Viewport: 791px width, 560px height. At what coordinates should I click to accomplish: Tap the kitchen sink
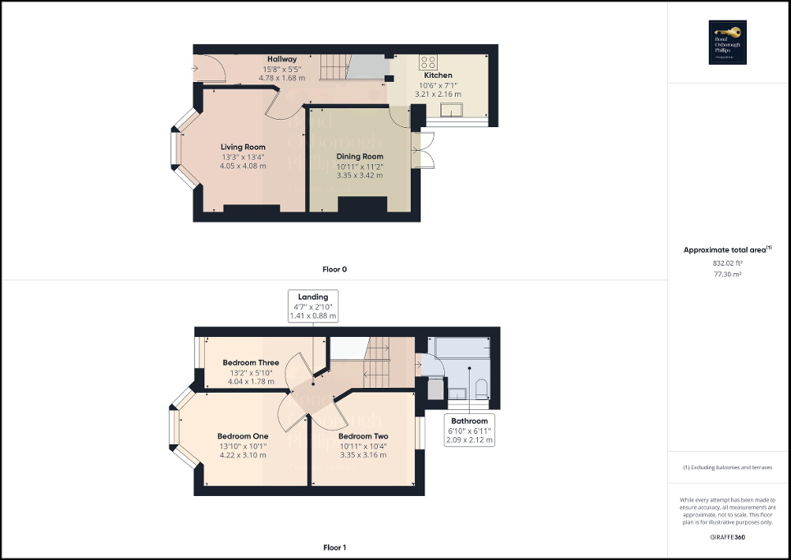pyautogui.click(x=451, y=111)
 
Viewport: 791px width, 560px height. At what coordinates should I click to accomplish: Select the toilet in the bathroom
pyautogui.click(x=481, y=388)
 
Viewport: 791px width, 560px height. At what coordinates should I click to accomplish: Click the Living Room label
pyautogui.click(x=242, y=146)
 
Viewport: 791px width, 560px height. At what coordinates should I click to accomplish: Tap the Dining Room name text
pyautogui.click(x=360, y=156)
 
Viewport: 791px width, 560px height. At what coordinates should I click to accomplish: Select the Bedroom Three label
pyautogui.click(x=251, y=362)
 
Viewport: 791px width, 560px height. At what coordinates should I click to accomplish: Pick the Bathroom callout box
pyautogui.click(x=468, y=430)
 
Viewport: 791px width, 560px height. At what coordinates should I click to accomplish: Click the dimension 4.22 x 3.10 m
pyautogui.click(x=242, y=455)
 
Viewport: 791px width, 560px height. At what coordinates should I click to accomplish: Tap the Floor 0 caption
pyautogui.click(x=334, y=269)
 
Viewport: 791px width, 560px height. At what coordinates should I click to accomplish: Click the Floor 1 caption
pyautogui.click(x=334, y=547)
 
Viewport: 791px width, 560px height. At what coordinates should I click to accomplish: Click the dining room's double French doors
pyautogui.click(x=423, y=150)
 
